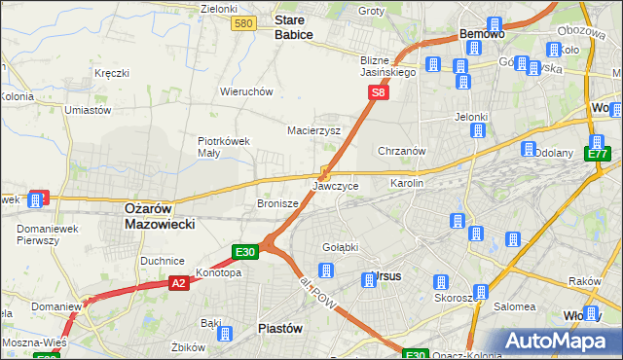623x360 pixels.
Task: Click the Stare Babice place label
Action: (293, 26)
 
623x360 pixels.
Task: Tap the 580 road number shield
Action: (244, 23)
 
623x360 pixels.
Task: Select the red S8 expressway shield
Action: (380, 93)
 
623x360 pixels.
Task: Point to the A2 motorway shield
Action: (178, 283)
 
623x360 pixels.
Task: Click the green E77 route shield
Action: (598, 154)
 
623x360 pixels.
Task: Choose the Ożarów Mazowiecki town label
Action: (160, 215)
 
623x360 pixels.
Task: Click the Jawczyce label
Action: (336, 185)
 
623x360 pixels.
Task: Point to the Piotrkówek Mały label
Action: (225, 146)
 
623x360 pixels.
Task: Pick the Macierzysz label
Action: (313, 129)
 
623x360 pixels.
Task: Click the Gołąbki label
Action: (341, 246)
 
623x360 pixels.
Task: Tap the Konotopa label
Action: (218, 272)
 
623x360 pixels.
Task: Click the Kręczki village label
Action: (112, 73)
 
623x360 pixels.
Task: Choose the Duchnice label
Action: (163, 261)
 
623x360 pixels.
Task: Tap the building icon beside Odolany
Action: (529, 150)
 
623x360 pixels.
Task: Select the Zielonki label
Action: (219, 9)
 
